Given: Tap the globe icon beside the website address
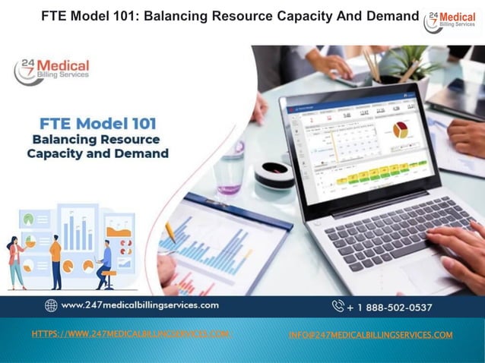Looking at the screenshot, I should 51,305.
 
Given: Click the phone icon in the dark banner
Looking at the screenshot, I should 338,306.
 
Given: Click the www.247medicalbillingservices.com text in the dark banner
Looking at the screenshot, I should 140,305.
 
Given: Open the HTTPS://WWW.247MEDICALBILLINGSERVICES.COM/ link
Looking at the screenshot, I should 131,334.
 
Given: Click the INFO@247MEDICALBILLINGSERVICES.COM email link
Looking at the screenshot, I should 371,335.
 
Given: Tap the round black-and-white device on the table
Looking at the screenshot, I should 274,174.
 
